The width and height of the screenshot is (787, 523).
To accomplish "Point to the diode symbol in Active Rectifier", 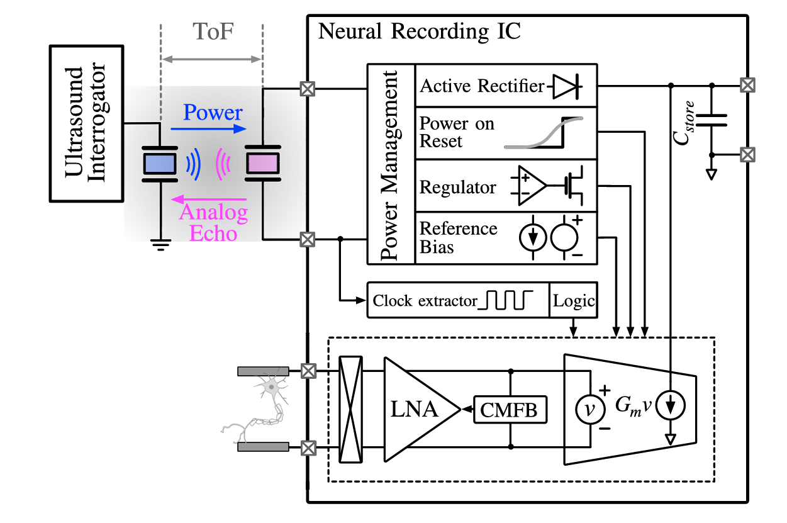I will pos(568,86).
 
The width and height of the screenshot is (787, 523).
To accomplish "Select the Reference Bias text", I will pos(459,237).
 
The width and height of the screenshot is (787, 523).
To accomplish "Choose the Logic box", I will pos(574,301).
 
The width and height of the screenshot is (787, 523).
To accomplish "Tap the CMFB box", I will pos(510,410).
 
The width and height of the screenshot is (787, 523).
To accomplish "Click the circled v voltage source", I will pos(589,410).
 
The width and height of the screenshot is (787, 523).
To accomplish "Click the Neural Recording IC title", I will pos(420,31).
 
